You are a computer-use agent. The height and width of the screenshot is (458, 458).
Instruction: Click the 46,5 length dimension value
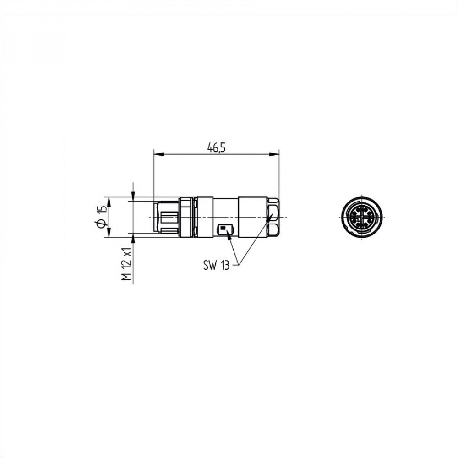pyautogui.click(x=217, y=148)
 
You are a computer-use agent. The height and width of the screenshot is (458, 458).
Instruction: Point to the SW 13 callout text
pyautogui.click(x=217, y=265)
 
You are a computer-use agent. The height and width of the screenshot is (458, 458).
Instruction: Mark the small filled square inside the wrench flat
pyautogui.click(x=224, y=227)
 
